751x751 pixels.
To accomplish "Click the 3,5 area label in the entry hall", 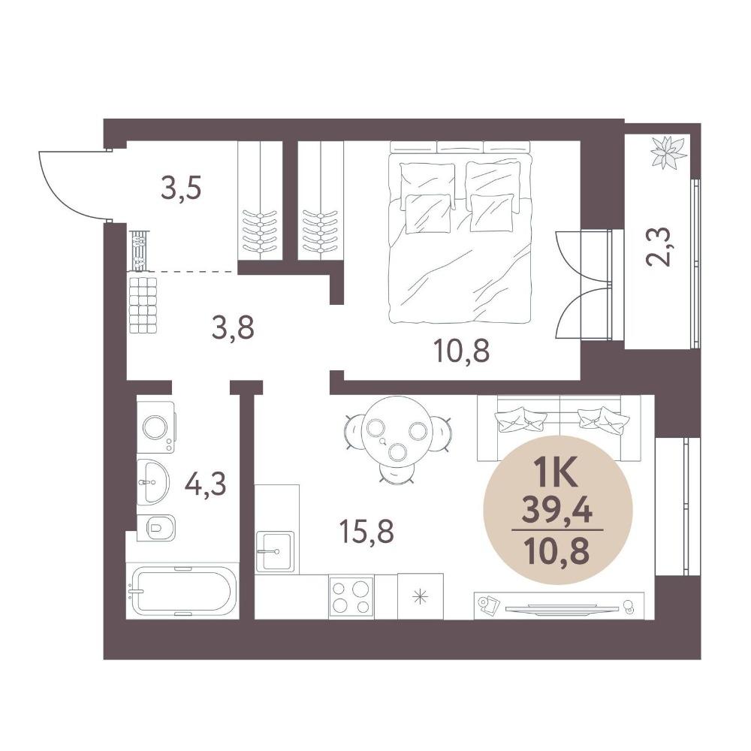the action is click(x=182, y=189).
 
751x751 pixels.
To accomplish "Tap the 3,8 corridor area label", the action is click(x=233, y=329).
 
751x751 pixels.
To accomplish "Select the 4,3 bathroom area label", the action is click(x=206, y=484).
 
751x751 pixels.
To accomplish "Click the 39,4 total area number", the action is click(x=557, y=511).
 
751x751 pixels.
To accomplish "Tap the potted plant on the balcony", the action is click(x=668, y=152).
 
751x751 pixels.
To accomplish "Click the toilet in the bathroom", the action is click(x=156, y=528).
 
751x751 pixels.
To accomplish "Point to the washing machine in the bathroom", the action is click(x=156, y=427).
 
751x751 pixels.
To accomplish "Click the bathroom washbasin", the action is click(x=152, y=482).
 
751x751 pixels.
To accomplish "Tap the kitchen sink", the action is click(x=274, y=551).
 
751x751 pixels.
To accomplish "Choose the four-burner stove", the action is click(x=351, y=597).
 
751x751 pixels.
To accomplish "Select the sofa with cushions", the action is click(x=559, y=428).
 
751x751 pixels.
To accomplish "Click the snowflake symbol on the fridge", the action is click(x=421, y=597).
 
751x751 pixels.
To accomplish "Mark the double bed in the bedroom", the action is click(x=460, y=232).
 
